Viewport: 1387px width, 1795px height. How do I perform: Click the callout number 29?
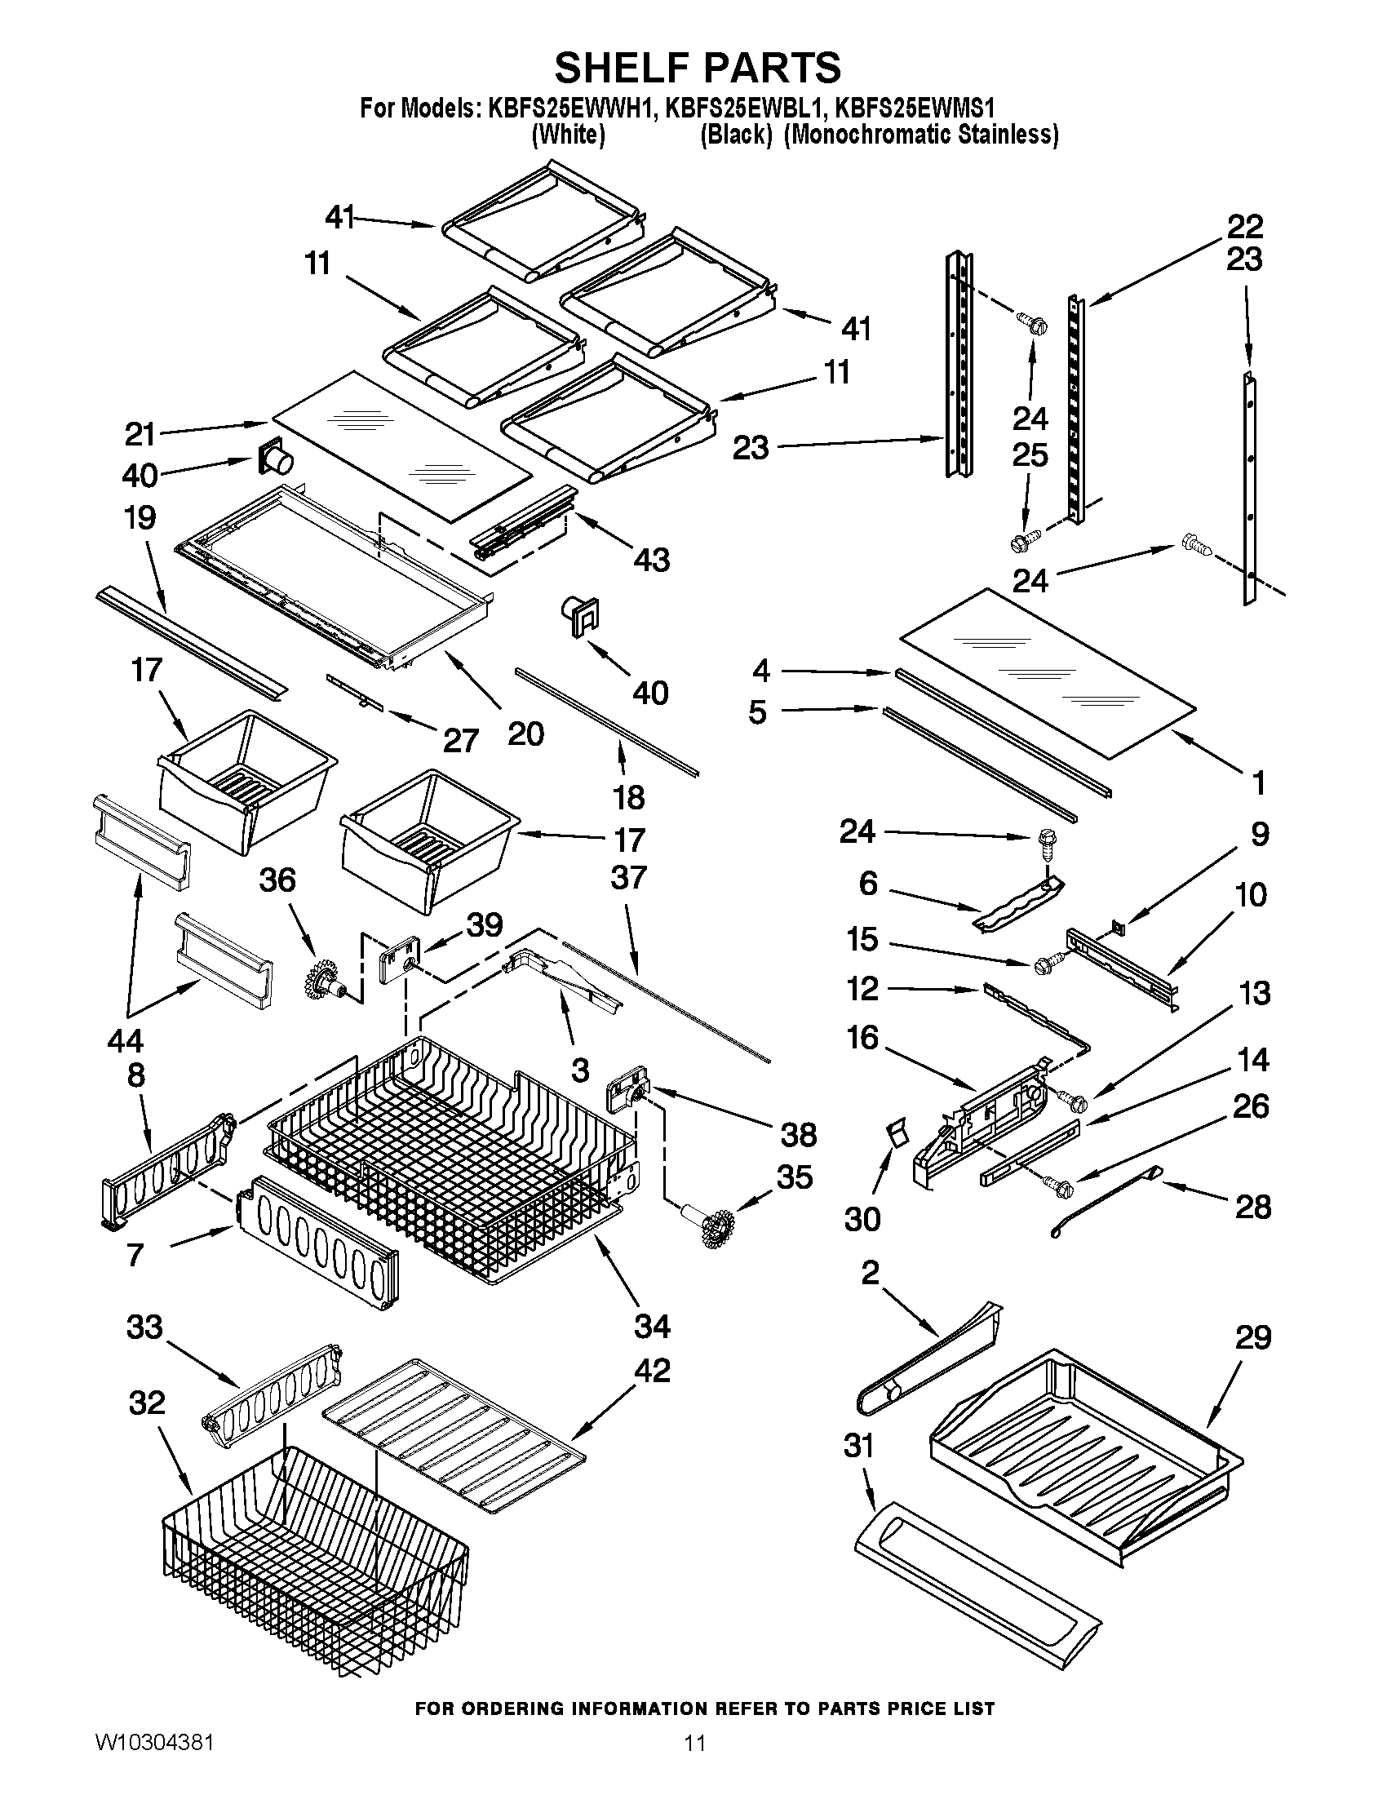click(1253, 1338)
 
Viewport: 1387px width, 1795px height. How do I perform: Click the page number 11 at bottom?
click(694, 1761)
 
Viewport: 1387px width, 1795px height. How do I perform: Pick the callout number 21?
click(140, 434)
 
